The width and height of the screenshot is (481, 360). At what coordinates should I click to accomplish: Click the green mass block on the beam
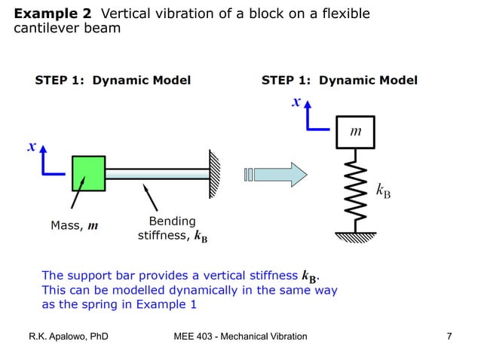(x=88, y=173)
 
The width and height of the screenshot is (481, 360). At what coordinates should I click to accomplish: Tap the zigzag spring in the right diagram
(x=355, y=189)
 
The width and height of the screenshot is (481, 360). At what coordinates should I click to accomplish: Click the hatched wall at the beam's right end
(x=215, y=172)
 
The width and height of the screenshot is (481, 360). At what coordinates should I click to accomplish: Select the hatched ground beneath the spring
(x=355, y=237)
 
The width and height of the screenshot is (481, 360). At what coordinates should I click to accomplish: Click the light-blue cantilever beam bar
(x=157, y=173)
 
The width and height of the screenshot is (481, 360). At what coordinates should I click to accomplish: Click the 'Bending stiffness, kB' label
(x=173, y=229)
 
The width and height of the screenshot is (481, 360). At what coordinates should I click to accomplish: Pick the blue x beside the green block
(x=32, y=147)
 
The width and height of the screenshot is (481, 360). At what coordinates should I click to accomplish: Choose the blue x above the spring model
(x=296, y=102)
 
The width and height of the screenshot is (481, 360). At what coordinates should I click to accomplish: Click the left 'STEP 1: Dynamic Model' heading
(x=112, y=81)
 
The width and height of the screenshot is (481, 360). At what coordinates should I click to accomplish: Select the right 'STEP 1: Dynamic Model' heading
(x=339, y=81)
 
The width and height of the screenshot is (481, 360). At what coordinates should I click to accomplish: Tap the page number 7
(x=449, y=336)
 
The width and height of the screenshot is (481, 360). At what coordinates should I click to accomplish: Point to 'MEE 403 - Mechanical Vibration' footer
(x=240, y=336)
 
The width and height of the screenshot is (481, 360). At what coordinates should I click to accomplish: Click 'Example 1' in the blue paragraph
(x=164, y=304)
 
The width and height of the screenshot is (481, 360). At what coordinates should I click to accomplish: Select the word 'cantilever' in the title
(x=43, y=29)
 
